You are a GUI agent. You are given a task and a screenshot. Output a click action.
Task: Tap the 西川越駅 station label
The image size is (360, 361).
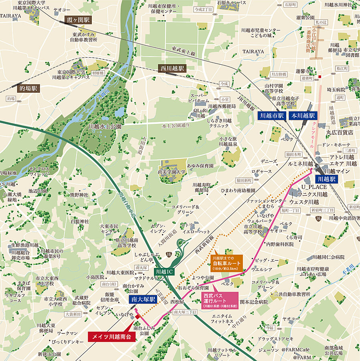click(171, 68)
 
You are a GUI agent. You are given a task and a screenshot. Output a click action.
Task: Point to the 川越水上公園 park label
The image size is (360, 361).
click(105, 126)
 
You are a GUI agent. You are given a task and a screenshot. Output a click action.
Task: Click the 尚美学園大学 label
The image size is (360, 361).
click(172, 172)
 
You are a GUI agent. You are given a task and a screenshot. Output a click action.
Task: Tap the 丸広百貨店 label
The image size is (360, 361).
click(339, 132)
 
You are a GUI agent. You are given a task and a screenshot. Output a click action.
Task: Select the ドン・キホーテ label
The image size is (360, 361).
click(336, 144)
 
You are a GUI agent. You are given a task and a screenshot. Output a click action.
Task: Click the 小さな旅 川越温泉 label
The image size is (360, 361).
click(228, 141)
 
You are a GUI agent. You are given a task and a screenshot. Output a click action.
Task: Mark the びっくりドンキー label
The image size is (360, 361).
click(67, 342)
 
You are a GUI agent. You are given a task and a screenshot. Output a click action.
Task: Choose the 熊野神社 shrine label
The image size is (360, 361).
click(79, 195)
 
